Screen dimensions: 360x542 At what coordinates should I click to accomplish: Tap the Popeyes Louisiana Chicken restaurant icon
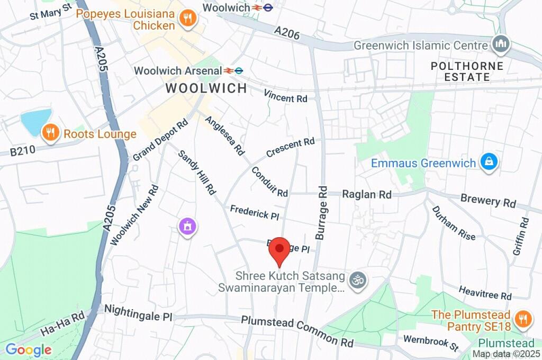coord(187,19)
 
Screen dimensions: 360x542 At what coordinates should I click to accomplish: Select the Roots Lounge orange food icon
coord(50,133)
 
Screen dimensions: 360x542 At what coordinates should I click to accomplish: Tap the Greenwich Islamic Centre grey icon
coord(500,44)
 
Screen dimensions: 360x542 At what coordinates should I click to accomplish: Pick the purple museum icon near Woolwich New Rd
coord(187,227)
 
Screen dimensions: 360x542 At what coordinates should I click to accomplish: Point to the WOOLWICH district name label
coord(206,88)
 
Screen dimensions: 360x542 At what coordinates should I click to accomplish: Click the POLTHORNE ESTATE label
coord(460,71)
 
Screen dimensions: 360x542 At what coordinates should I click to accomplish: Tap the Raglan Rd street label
coord(367,194)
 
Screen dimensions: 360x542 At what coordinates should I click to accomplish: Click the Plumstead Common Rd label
coord(297,331)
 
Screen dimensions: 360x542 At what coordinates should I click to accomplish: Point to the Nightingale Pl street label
coord(138,312)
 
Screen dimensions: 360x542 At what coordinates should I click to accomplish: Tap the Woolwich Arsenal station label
coord(177,70)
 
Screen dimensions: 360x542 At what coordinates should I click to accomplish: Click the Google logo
coord(29,349)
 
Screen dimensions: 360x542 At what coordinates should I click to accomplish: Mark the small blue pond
coord(37,121)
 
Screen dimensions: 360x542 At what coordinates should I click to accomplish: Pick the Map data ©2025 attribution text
coord(507,354)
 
